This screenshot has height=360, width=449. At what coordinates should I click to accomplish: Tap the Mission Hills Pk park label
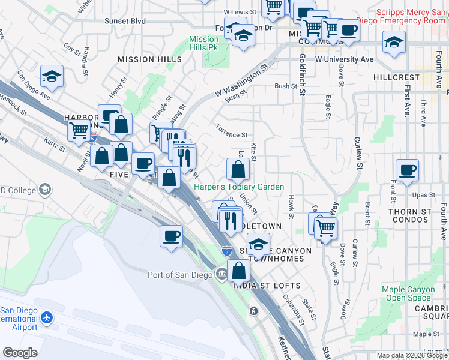pos(204,43)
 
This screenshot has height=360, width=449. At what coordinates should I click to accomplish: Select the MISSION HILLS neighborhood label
pos(149,59)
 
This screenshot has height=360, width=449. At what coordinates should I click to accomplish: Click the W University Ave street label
pos(344,59)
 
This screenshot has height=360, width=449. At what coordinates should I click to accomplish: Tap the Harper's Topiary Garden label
pos(238,187)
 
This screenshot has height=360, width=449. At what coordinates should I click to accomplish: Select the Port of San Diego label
pos(180,275)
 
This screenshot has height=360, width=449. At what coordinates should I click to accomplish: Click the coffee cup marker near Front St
pos(407,169)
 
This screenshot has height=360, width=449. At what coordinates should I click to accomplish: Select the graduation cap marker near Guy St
pos(52,76)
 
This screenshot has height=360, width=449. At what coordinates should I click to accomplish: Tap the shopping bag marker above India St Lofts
pos(239,269)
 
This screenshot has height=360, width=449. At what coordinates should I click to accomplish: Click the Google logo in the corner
pos(20,353)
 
